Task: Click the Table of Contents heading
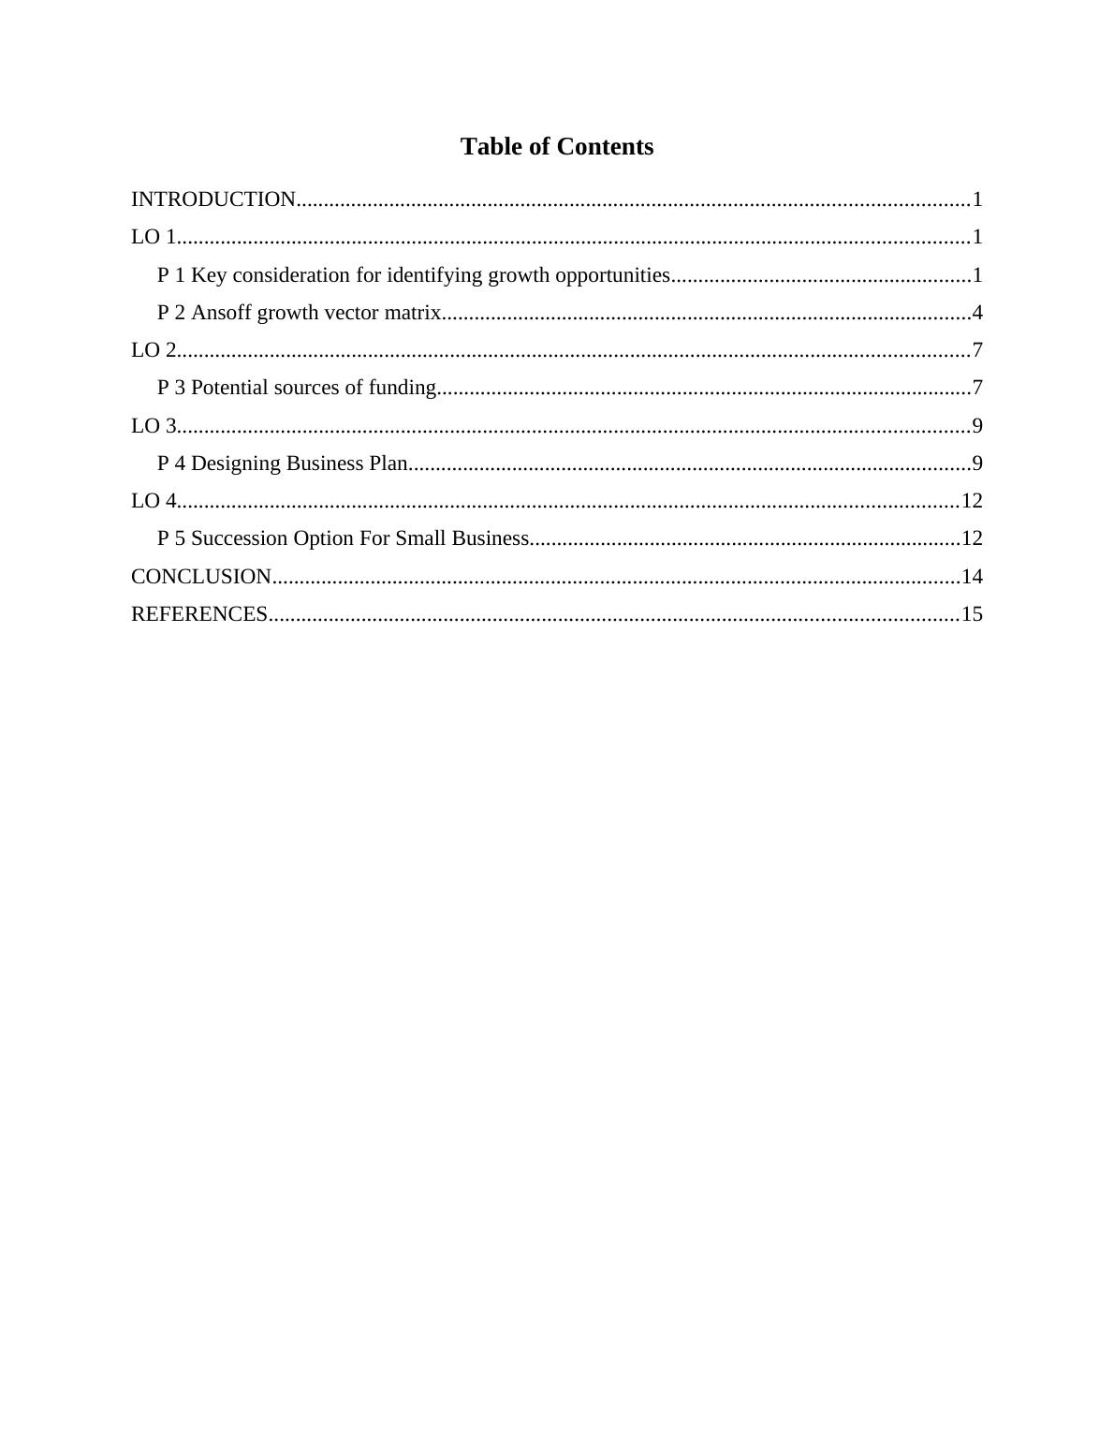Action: pyautogui.click(x=556, y=147)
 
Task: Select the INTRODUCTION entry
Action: pyautogui.click(x=213, y=199)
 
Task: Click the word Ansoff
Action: pyautogui.click(x=221, y=313)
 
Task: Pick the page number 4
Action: pyautogui.click(x=977, y=313)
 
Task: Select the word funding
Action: pyautogui.click(x=402, y=388)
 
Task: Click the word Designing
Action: pyautogui.click(x=236, y=463)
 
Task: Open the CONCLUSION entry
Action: pyautogui.click(x=201, y=577)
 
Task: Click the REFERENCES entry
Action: pyautogui.click(x=199, y=614)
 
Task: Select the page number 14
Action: pyautogui.click(x=972, y=577)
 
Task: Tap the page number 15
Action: pyautogui.click(x=972, y=614)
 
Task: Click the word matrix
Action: pyautogui.click(x=411, y=313)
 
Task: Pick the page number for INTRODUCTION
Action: pyautogui.click(x=977, y=199)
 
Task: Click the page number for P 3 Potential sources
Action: pyautogui.click(x=977, y=388)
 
